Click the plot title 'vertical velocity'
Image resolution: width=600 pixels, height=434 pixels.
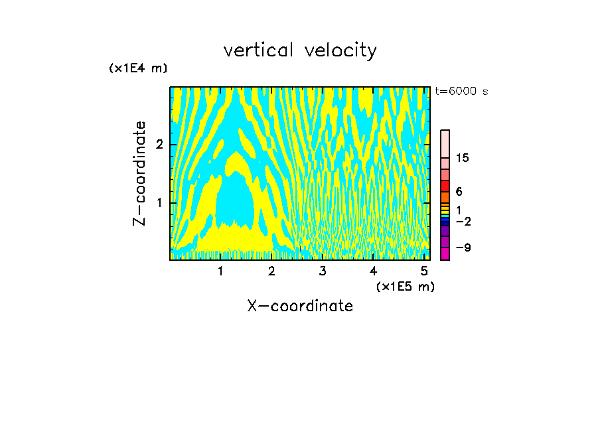click(x=300, y=50)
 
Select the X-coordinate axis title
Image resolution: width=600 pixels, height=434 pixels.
click(x=300, y=306)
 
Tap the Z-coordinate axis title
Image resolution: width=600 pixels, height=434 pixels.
click(x=139, y=173)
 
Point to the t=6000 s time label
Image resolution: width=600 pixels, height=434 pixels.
click(x=461, y=92)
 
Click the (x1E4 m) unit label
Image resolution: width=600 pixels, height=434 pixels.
click(x=138, y=68)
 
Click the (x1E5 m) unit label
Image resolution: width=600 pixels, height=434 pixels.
click(x=405, y=286)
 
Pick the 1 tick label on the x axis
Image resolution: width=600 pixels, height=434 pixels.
click(x=220, y=271)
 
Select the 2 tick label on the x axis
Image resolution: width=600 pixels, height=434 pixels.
click(x=271, y=271)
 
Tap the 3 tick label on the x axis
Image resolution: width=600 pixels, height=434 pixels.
click(x=323, y=271)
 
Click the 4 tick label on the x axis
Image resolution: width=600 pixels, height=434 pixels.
click(x=373, y=271)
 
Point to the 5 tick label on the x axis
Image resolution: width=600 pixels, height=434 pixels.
click(x=424, y=271)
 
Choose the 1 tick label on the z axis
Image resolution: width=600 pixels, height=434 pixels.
click(x=159, y=202)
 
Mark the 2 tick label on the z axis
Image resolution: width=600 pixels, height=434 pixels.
click(x=159, y=145)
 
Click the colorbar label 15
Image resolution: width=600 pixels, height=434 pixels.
click(x=463, y=158)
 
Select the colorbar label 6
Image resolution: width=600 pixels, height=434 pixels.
click(x=459, y=192)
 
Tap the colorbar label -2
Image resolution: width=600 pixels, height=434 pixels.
click(x=463, y=221)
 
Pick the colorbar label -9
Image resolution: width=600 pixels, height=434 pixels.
click(x=463, y=248)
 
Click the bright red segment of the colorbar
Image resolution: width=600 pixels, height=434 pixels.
click(x=445, y=186)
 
